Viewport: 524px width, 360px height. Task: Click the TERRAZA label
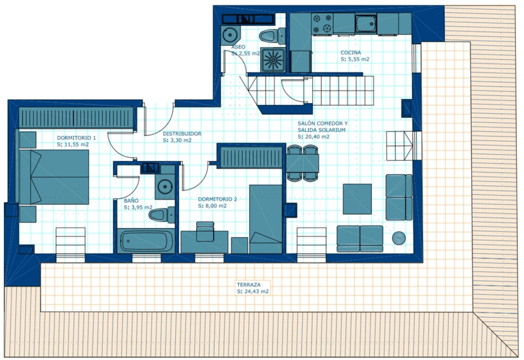point(248,285)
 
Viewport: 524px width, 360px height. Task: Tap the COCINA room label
point(351,53)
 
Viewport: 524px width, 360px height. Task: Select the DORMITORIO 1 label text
point(76,138)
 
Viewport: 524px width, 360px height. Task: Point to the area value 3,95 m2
point(138,207)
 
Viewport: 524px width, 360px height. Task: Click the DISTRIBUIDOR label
point(182,134)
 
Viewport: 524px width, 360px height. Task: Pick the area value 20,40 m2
point(314,137)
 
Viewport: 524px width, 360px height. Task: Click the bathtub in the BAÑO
point(146,241)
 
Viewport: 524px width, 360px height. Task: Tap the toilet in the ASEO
point(272,36)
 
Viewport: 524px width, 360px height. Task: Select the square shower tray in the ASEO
point(273,60)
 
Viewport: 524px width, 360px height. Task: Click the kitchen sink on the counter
point(366,23)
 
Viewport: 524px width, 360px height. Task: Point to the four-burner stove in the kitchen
point(322,23)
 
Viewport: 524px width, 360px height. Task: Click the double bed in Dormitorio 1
point(54,177)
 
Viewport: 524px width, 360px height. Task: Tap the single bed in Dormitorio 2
point(266,219)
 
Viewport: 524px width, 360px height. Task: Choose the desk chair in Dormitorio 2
point(205,232)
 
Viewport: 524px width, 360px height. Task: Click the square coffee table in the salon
point(357,199)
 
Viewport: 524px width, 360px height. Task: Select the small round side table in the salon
point(399,238)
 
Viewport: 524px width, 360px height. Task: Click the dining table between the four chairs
point(303,163)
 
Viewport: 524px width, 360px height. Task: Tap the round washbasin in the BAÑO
point(165,187)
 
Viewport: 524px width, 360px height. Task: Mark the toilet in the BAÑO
point(162,215)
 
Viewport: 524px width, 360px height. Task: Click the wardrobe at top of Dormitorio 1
point(76,118)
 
